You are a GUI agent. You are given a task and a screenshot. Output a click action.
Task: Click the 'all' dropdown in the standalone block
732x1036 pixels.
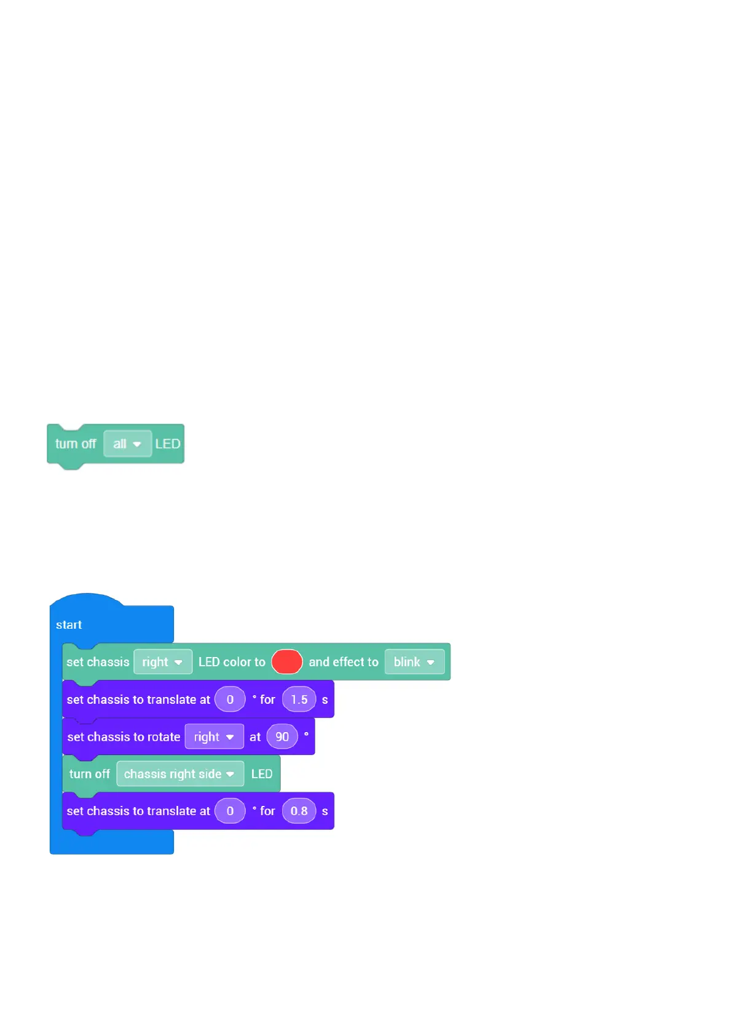coord(127,444)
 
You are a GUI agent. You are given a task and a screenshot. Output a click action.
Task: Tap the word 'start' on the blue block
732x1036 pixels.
coord(69,625)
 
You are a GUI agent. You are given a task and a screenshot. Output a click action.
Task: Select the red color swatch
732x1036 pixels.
coord(286,662)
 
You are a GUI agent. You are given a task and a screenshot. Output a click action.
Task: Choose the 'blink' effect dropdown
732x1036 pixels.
coord(414,662)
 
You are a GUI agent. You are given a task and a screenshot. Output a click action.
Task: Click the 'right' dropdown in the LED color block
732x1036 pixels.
coord(162,662)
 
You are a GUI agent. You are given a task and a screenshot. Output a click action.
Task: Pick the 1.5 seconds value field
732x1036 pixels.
coord(299,699)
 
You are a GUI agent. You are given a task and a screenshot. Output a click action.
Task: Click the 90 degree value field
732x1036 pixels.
coord(282,737)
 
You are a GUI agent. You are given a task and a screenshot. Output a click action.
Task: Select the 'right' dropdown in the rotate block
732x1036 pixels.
coord(214,737)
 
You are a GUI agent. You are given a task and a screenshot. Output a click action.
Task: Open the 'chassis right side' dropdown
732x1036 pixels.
coord(179,774)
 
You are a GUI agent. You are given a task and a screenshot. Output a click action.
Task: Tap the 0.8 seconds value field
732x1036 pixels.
coord(299,811)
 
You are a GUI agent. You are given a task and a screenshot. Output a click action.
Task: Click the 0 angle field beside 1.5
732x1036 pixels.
coord(230,699)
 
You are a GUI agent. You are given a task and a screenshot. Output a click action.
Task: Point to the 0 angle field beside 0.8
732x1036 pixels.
coord(230,811)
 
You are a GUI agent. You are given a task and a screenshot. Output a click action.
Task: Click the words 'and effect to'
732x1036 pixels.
coord(344,662)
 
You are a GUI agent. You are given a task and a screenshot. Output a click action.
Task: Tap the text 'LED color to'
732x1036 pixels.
coord(232,662)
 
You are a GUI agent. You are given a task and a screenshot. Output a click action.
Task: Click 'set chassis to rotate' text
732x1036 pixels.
coord(124,737)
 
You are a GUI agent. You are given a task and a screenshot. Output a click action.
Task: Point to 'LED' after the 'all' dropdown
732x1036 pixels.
coord(168,444)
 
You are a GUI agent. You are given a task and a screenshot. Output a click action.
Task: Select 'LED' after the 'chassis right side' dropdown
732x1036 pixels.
coord(262,774)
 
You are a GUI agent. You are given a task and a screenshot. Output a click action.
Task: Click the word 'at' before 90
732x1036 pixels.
coord(255,737)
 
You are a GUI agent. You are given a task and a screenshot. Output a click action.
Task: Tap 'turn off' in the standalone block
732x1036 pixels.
coord(76,444)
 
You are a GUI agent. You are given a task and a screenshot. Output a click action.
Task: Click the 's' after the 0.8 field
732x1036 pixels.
coord(325,811)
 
